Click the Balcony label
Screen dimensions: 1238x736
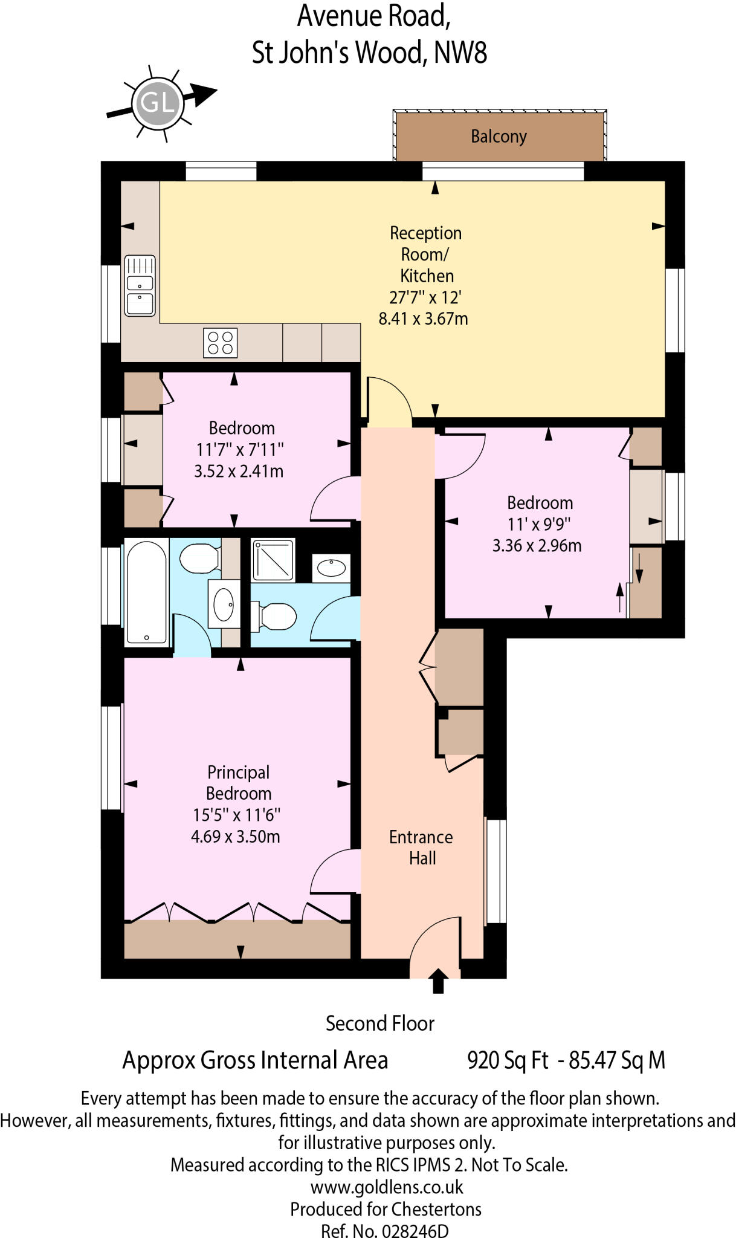(499, 137)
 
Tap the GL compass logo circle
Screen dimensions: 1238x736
(158, 103)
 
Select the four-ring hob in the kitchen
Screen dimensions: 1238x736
(220, 343)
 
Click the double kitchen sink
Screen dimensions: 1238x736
(140, 286)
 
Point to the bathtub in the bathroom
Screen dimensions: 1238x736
(146, 592)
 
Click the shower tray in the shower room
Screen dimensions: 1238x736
(274, 560)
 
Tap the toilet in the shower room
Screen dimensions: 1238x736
(275, 617)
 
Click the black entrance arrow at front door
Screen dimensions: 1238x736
(438, 980)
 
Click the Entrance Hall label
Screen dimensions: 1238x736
(421, 847)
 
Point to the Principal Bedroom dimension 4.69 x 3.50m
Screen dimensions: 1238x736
(235, 837)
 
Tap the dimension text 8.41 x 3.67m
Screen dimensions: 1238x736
(423, 319)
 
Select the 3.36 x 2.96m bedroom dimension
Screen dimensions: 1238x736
(537, 546)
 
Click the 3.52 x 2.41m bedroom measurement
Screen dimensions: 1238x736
(239, 471)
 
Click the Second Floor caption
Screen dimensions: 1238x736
(380, 1023)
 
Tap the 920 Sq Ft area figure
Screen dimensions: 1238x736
(508, 1060)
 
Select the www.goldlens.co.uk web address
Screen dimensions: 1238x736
(387, 1187)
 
